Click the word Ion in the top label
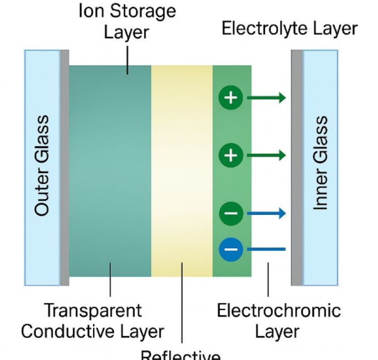coord(92,11)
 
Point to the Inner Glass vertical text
coord(320,163)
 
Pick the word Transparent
coord(93,311)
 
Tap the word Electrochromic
coord(279,311)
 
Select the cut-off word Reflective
coord(181,355)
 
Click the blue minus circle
coord(231,249)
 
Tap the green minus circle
coord(231,213)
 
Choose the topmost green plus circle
coord(231,98)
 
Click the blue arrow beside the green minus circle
coord(266,213)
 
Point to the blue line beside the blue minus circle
coord(266,249)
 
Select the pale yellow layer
coord(182,170)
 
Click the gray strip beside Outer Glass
coord(64,167)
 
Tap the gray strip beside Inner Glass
coord(297,167)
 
